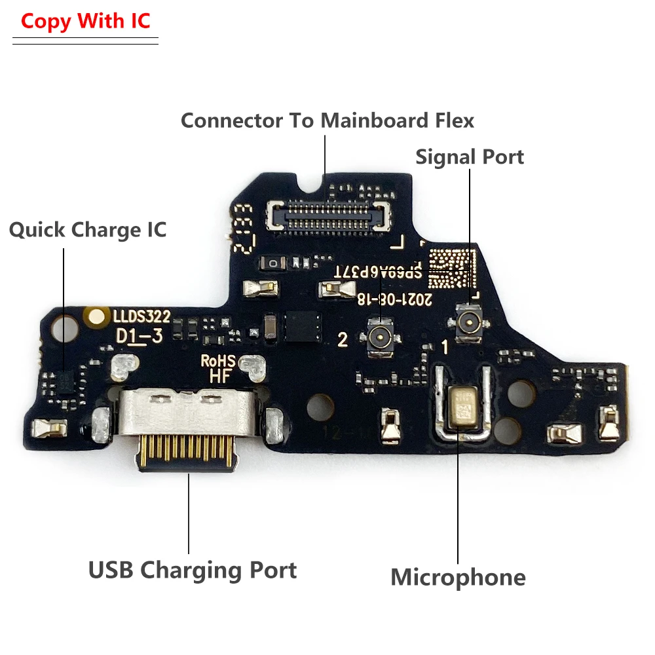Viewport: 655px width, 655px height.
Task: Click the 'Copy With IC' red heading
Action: coord(85,21)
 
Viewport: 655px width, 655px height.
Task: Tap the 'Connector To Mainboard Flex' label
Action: coord(327,121)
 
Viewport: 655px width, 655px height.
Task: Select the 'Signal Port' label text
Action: coord(470,157)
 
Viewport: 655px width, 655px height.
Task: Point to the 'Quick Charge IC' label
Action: coord(88,230)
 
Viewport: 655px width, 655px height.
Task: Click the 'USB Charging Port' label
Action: coord(193,570)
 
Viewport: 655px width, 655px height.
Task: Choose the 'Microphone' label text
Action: coord(458,577)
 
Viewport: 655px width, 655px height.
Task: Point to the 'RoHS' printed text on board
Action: coord(218,360)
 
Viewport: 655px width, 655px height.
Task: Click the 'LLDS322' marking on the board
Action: coord(141,317)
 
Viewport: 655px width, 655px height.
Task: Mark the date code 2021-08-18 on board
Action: coord(394,299)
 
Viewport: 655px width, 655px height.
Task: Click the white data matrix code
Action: coord(451,269)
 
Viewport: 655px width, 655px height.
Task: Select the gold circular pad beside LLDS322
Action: coord(97,318)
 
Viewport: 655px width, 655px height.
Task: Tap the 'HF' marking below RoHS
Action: coord(218,376)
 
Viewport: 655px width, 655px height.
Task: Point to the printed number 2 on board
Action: coord(342,339)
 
